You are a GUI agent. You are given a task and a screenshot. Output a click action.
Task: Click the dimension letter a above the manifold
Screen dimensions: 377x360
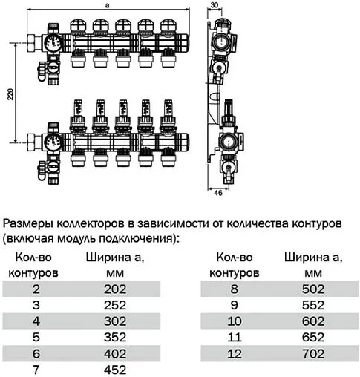(108, 4)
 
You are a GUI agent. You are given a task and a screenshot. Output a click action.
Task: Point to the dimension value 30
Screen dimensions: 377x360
(215, 4)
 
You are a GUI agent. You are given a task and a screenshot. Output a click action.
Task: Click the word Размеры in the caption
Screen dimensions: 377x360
(27, 223)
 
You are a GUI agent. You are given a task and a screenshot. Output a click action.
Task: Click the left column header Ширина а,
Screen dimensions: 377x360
(113, 258)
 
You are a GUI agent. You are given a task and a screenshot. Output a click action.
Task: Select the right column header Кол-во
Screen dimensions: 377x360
(234, 258)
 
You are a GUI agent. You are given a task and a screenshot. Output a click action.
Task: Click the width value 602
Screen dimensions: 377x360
(312, 320)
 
